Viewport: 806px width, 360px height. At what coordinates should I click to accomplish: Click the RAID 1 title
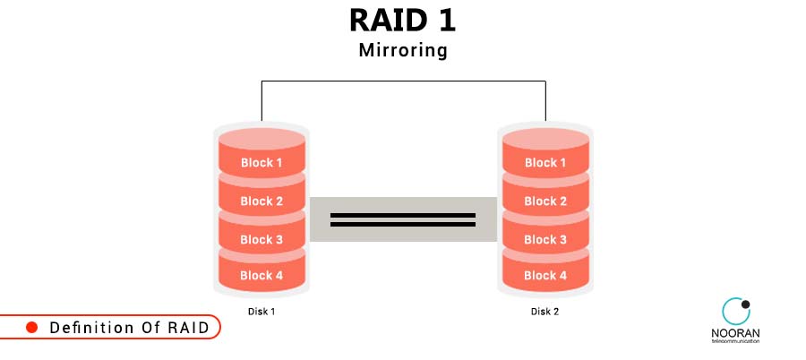pos(402,20)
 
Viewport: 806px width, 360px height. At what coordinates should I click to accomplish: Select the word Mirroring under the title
pos(402,50)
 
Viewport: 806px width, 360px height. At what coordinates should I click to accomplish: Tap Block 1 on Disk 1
pos(262,163)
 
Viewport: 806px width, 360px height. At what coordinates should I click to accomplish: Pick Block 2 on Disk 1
pos(262,201)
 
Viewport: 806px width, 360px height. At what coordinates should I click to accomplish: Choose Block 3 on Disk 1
pos(262,239)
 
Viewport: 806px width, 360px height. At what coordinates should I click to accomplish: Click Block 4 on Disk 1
pos(262,275)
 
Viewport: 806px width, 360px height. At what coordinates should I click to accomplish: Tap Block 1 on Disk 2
pos(545,163)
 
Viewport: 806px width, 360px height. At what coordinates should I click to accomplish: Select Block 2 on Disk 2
pos(545,201)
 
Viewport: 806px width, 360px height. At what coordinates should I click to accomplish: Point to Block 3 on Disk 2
pos(545,239)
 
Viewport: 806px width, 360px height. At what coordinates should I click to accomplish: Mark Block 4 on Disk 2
pos(545,275)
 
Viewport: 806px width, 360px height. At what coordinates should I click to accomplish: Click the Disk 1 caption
pos(262,312)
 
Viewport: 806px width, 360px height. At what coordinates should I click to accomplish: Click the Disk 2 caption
pos(544,312)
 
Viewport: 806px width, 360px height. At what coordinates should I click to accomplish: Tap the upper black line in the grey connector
pos(402,215)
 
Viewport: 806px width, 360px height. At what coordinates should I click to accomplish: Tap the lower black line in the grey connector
pos(402,224)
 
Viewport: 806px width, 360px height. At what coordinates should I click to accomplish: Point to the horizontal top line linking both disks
pos(403,81)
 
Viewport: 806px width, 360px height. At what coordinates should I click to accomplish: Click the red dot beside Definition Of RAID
pos(31,327)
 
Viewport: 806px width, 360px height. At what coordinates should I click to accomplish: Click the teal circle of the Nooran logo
pos(736,312)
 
